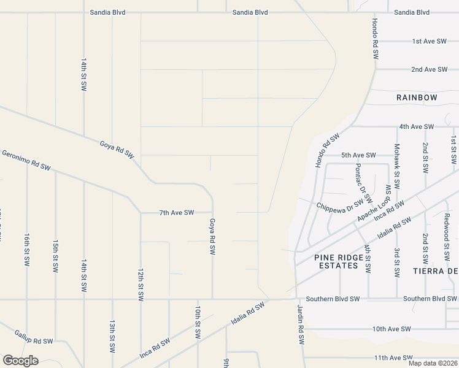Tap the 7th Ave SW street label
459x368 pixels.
[176, 213]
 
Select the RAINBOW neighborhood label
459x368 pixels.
[417, 98]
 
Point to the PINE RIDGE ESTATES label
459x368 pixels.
[336, 262]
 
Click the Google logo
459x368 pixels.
[20, 361]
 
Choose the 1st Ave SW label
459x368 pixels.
[429, 41]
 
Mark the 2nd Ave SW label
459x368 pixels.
[429, 69]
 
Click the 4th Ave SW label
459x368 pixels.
[416, 126]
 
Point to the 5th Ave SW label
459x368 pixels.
[358, 155]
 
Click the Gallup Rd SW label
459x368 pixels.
[33, 340]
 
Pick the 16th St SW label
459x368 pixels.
[27, 249]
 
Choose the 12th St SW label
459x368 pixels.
[141, 283]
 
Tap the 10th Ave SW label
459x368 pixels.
[391, 329]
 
